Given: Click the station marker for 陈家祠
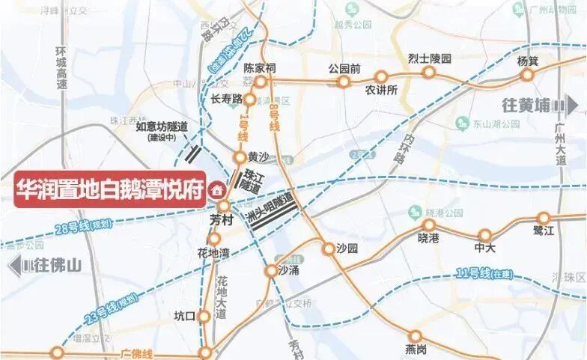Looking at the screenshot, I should click(261, 82).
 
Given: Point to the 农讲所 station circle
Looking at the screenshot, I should click(381, 76).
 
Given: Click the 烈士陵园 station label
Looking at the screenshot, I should click(429, 58).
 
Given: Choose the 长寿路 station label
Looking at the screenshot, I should click(226, 99).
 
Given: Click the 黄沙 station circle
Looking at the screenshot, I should click(239, 157).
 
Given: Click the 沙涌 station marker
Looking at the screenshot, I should click(271, 271).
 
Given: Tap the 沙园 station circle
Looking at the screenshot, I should click(329, 249).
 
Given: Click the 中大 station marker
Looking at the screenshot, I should click(485, 235).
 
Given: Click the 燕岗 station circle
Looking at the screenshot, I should click(416, 336).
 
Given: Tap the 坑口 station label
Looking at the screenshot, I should click(184, 316).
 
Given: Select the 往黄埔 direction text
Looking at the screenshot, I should click(527, 107).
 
